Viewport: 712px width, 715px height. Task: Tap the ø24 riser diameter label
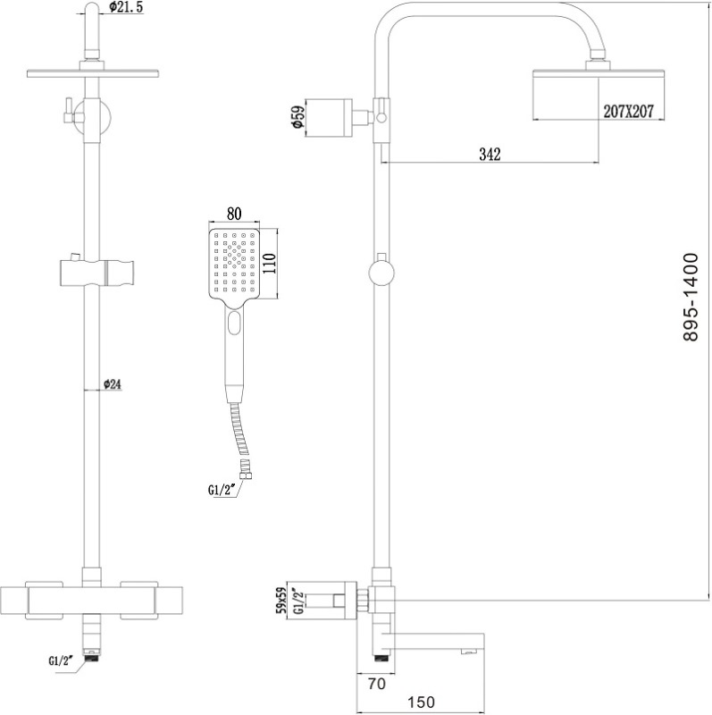coord(112,384)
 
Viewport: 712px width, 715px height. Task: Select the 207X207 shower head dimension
coord(630,112)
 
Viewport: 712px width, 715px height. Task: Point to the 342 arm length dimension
coord(490,155)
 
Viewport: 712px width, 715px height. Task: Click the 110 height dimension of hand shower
coord(276,265)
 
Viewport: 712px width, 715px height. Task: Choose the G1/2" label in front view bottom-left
coord(61,662)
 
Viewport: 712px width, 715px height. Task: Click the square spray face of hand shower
coord(236,265)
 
